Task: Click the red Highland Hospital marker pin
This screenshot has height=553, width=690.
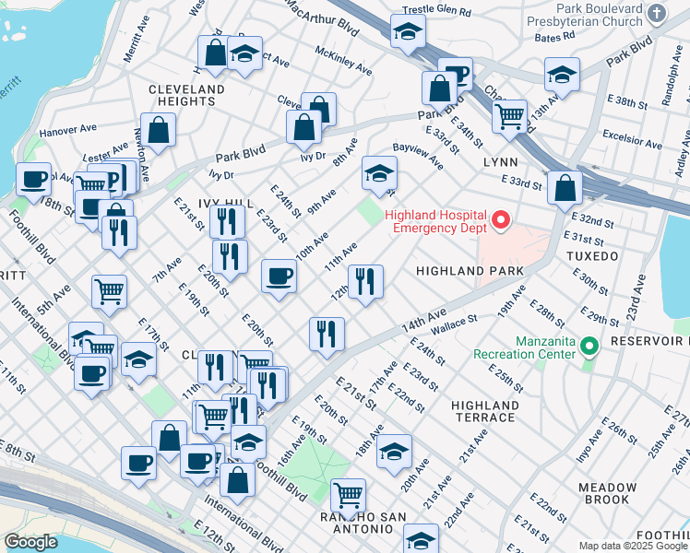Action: pyautogui.click(x=501, y=219)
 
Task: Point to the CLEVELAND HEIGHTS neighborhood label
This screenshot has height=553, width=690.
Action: pyautogui.click(x=186, y=96)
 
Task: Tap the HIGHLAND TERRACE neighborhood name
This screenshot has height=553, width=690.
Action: pyautogui.click(x=484, y=411)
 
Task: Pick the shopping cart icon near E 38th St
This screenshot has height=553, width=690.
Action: pyautogui.click(x=508, y=116)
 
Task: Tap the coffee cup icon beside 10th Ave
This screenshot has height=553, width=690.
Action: pyautogui.click(x=279, y=275)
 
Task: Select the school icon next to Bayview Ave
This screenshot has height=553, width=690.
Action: pyautogui.click(x=379, y=171)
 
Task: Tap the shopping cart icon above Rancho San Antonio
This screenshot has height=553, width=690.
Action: pyautogui.click(x=348, y=495)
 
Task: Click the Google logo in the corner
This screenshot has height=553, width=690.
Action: pyautogui.click(x=31, y=542)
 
